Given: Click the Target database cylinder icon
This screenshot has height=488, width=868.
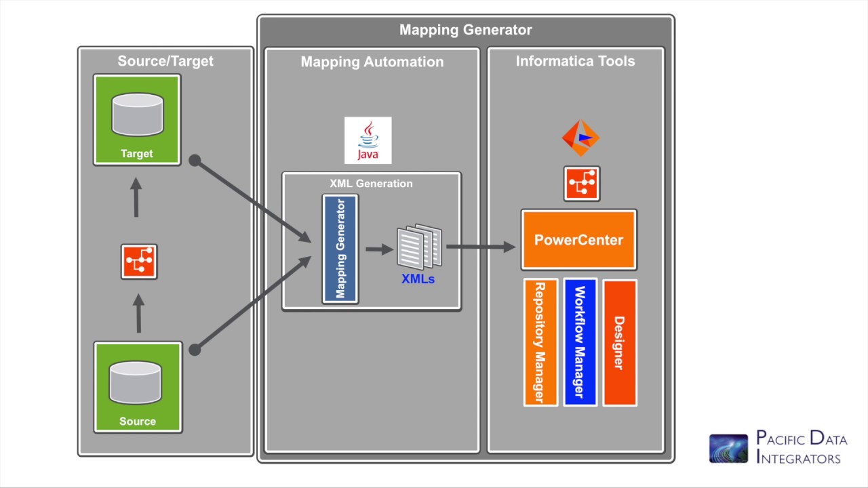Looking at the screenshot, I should (137, 115).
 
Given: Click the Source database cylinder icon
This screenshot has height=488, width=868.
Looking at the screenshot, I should (136, 382).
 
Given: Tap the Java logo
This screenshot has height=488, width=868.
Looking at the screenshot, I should (368, 140).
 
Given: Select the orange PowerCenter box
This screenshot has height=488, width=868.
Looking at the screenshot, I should (578, 240).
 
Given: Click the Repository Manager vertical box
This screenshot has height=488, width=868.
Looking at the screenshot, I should (540, 342).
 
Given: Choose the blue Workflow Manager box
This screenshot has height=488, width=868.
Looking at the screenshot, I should (580, 342).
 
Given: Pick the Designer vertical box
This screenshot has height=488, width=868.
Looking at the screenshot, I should (619, 342).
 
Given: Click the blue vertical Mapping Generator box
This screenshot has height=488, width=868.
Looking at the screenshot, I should (340, 249).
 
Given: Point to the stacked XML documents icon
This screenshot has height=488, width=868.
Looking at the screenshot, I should (419, 247).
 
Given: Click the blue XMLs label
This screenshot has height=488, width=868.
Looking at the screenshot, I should (418, 279).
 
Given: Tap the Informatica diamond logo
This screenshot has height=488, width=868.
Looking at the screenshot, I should (580, 138).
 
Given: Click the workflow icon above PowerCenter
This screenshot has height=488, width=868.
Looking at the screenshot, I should (581, 184).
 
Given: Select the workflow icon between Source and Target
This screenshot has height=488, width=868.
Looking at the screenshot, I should (139, 262).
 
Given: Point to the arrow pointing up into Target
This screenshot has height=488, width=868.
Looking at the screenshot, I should (136, 197).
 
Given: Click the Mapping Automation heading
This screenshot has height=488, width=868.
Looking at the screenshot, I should (372, 62).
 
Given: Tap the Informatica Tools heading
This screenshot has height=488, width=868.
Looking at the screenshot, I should (575, 61).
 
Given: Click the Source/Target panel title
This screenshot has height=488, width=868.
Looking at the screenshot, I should (165, 61).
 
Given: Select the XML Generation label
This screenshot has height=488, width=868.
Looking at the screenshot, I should (371, 184).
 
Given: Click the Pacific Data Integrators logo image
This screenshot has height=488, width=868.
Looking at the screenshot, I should (728, 449).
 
